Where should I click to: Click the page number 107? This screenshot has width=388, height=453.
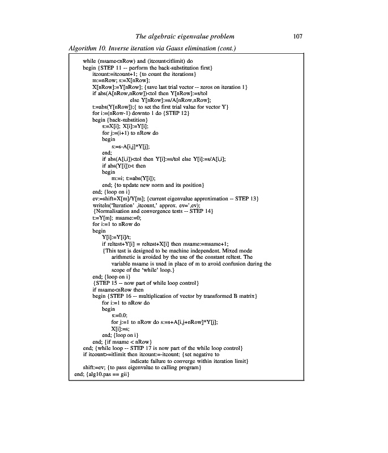point(299,36)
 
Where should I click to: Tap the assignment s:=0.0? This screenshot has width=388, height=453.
point(120,315)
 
